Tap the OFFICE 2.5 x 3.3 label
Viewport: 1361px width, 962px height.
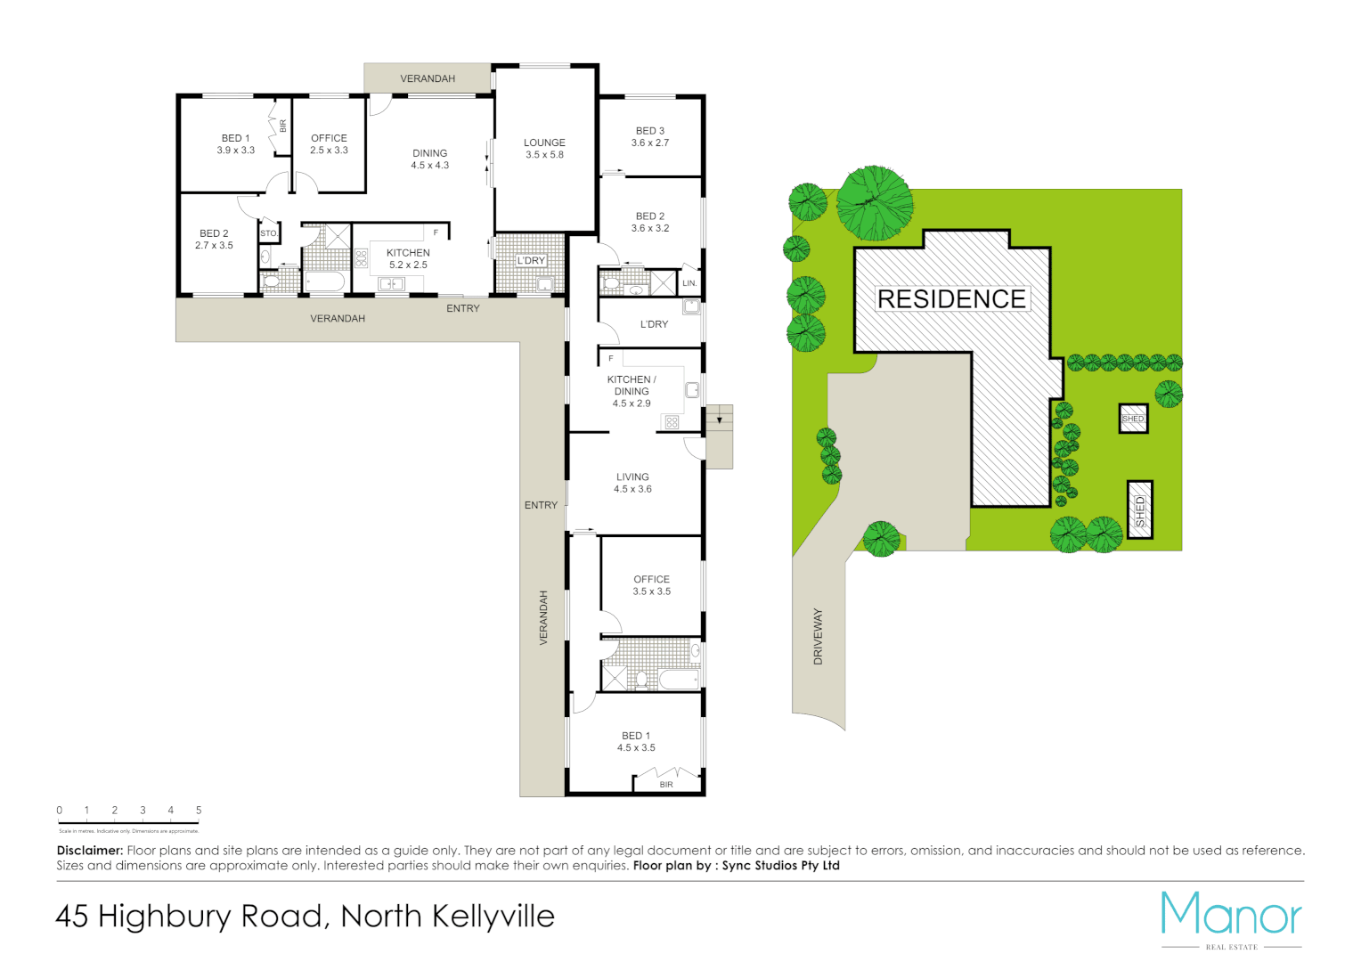329,143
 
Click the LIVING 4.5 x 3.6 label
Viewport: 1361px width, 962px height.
632,483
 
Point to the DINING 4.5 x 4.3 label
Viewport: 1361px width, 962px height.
429,159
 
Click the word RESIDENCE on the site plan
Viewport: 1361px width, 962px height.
951,299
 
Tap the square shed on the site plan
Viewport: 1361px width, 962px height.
1133,419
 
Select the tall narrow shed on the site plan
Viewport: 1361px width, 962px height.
1140,510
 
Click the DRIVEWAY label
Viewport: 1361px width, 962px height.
818,637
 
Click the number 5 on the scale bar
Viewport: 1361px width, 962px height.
199,811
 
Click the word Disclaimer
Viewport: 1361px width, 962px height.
89,851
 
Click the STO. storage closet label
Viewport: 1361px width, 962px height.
269,233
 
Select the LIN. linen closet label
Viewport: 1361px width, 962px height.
689,283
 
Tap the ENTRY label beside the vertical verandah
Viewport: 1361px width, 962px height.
541,505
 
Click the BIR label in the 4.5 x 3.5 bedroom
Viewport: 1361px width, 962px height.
666,785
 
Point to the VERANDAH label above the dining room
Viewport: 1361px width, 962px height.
428,78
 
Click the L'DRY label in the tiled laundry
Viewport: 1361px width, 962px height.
531,261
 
